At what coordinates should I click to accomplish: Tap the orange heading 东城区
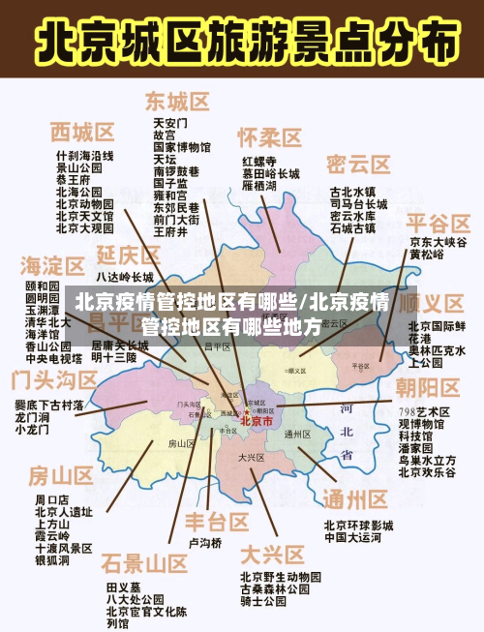point(178,102)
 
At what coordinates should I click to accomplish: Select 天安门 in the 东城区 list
point(169,124)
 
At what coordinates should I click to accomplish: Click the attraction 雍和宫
point(169,195)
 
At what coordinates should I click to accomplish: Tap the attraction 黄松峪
point(427,255)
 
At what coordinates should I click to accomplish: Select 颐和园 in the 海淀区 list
point(43,287)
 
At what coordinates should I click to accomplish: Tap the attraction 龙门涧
point(33,416)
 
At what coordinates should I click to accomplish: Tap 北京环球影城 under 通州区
point(358,526)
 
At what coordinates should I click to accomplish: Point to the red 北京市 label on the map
point(256,421)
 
